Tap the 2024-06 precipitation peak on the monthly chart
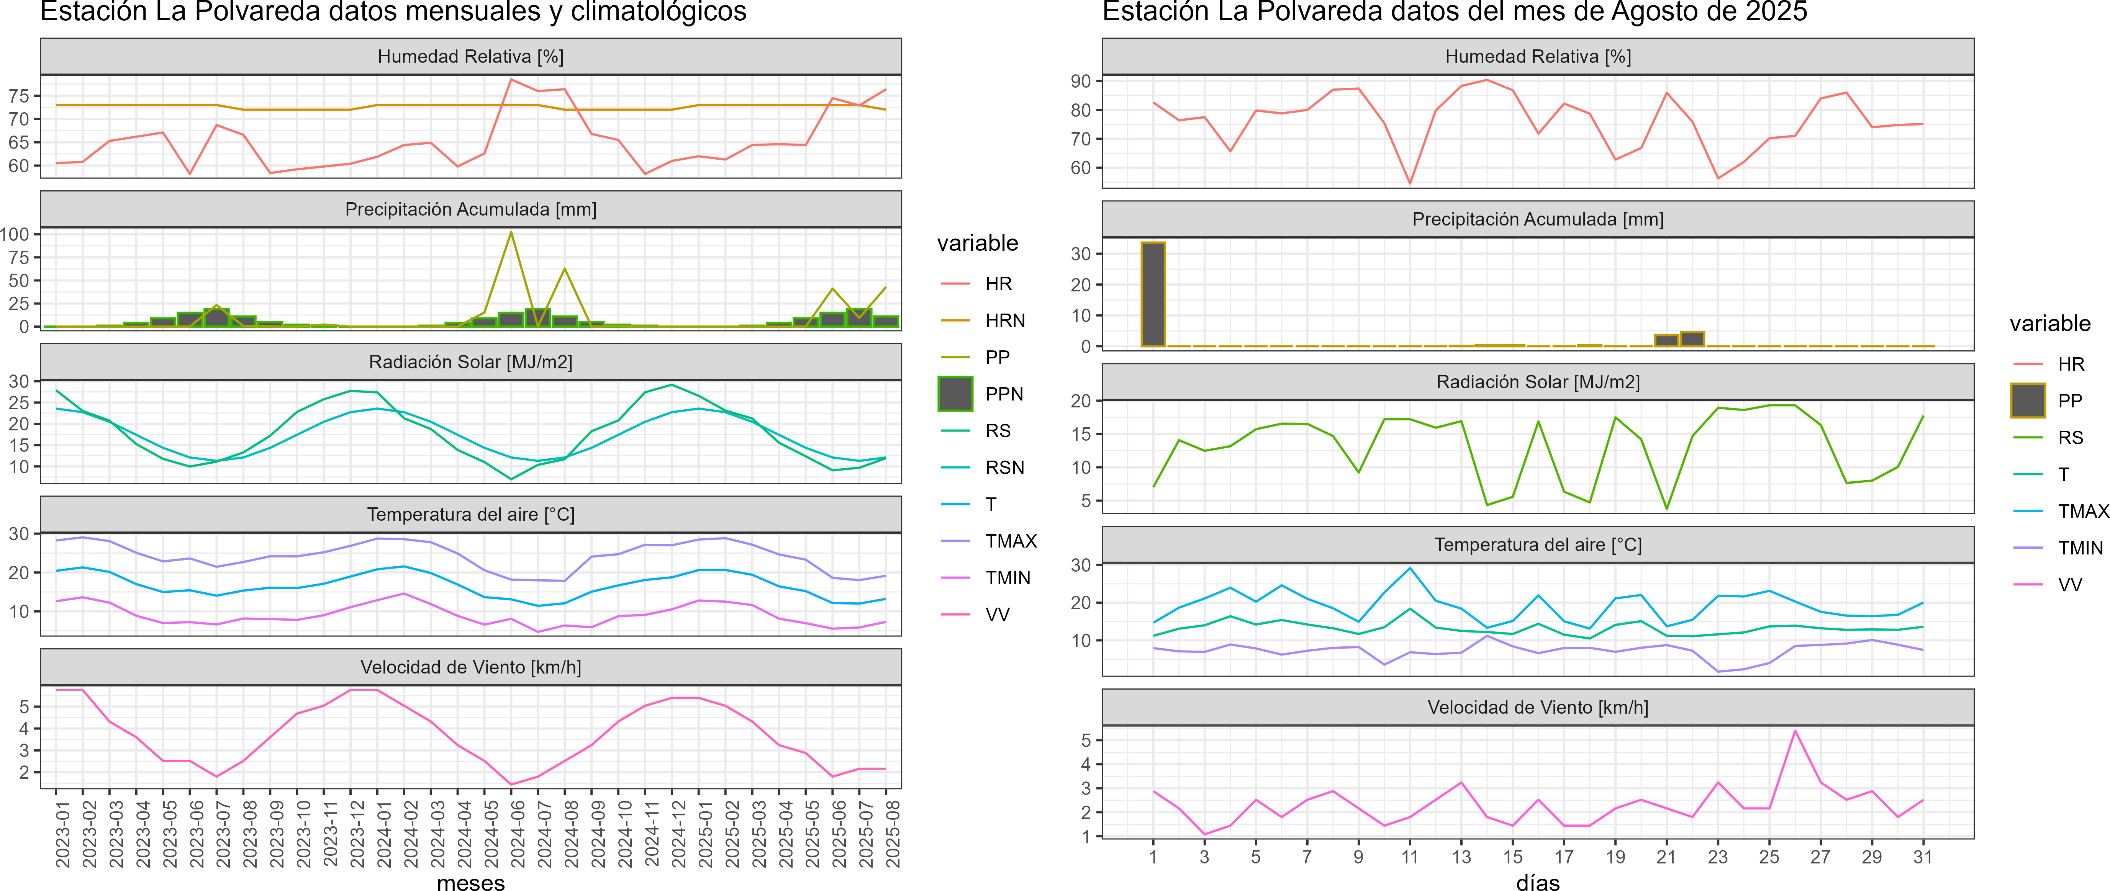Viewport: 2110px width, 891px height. (511, 232)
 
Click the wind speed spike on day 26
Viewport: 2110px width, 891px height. (1795, 731)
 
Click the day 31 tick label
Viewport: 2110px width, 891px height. (1922, 857)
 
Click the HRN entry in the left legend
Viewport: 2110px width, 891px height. (1004, 320)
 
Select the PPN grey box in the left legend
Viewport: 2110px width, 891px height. (955, 394)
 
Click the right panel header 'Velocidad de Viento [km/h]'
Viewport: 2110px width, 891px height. (1537, 708)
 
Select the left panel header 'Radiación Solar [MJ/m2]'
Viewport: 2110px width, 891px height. (471, 362)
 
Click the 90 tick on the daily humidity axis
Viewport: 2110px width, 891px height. (1080, 81)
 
